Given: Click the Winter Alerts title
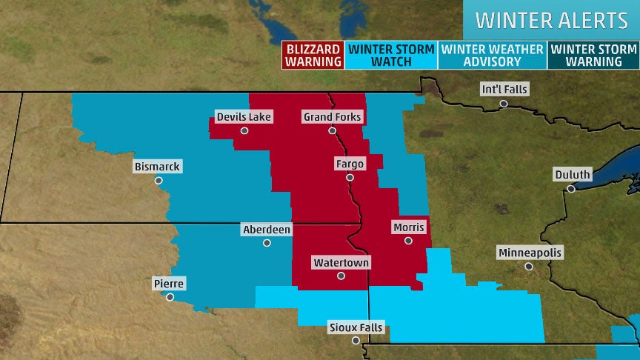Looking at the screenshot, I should click(x=551, y=19).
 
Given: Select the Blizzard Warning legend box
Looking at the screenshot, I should click(x=312, y=55).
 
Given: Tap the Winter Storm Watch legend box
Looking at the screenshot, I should click(x=390, y=55).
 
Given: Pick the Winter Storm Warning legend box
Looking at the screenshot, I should click(x=593, y=55).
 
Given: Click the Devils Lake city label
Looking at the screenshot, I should click(x=244, y=117).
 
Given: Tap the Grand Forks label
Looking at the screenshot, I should click(x=332, y=117).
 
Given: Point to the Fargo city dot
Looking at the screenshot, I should click(x=350, y=178).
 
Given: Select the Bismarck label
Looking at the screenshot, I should click(x=157, y=167).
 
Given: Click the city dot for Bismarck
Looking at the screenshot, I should click(x=158, y=180).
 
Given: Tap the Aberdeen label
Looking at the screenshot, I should click(x=267, y=230).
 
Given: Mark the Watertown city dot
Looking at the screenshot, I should click(x=341, y=276).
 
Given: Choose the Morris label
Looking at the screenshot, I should click(x=408, y=227).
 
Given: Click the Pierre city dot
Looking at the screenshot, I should click(x=170, y=297).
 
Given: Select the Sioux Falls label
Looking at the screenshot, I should click(x=356, y=327).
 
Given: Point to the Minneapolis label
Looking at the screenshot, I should click(x=530, y=253).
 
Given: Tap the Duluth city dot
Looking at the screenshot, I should click(x=571, y=189).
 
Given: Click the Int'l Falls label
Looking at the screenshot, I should click(x=504, y=89).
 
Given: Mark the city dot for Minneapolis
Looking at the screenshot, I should click(x=528, y=266).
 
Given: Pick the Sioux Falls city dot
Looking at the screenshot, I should click(x=356, y=341).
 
